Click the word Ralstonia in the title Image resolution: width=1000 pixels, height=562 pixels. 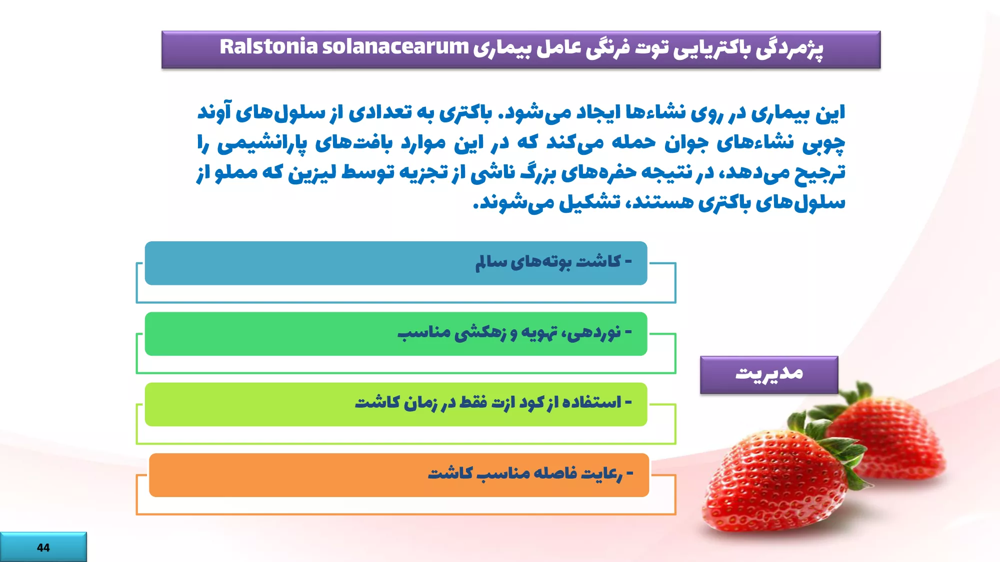coord(268,46)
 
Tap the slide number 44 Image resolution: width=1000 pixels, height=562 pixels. coord(43,548)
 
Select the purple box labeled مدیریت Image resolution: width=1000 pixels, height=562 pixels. coord(769,375)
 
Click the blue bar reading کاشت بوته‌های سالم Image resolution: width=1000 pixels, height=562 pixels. coord(396,263)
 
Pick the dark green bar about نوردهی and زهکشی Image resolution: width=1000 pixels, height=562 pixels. coord(396,334)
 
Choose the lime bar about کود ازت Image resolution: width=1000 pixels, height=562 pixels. coord(396,404)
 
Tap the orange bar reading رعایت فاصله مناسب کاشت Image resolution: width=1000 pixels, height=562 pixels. coord(399,475)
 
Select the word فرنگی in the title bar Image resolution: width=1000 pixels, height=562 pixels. coord(609,48)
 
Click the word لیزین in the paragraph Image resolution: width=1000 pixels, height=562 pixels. coord(312,173)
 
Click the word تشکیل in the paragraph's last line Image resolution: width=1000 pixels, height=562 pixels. coord(590,202)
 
